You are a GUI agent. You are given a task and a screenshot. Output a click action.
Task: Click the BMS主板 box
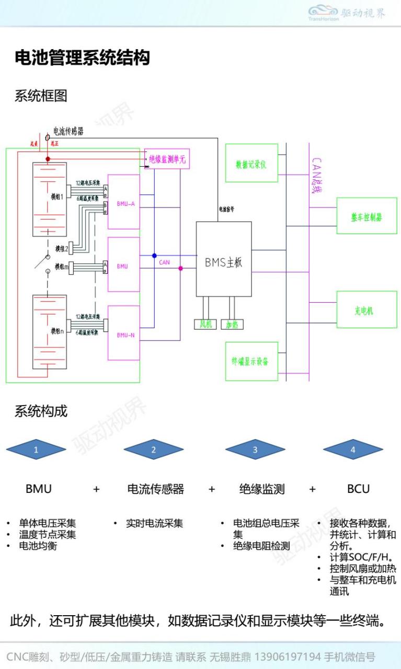[224, 259]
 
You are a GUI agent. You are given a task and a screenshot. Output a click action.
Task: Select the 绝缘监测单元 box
[167, 159]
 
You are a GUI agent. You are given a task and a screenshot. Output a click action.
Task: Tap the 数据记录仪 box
[251, 164]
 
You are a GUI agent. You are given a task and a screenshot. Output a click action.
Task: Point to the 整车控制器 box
[366, 216]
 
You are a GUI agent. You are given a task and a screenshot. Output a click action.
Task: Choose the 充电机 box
[366, 310]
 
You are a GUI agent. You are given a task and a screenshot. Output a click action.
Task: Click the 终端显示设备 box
[251, 361]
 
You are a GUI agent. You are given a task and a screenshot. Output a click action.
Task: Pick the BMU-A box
[124, 202]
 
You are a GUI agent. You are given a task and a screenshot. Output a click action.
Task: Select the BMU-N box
[124, 333]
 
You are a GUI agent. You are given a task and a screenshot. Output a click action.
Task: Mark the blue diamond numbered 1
[36, 449]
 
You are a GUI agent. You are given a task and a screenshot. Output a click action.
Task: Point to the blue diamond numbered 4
[353, 449]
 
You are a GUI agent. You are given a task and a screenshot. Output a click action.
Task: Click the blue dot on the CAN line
[154, 256]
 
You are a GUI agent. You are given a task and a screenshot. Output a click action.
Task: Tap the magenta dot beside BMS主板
[181, 268]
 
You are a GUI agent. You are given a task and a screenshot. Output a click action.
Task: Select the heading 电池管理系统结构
[82, 57]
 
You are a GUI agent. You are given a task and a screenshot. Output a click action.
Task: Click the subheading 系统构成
[41, 411]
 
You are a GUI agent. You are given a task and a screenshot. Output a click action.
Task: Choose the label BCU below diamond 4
[358, 489]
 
